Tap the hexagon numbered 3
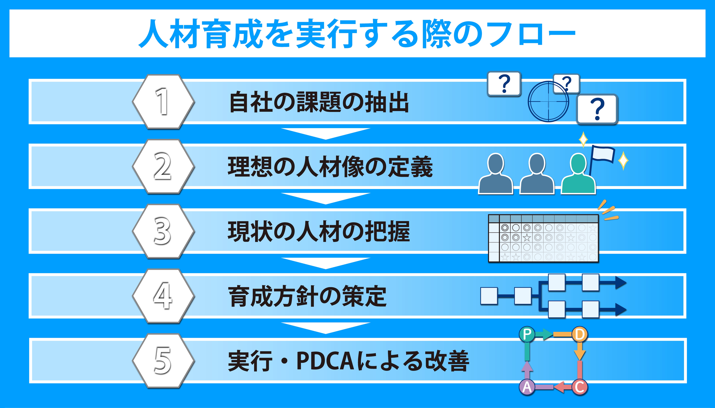(163, 231)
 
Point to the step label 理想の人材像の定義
(330, 167)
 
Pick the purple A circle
(527, 387)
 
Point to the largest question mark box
(597, 109)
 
